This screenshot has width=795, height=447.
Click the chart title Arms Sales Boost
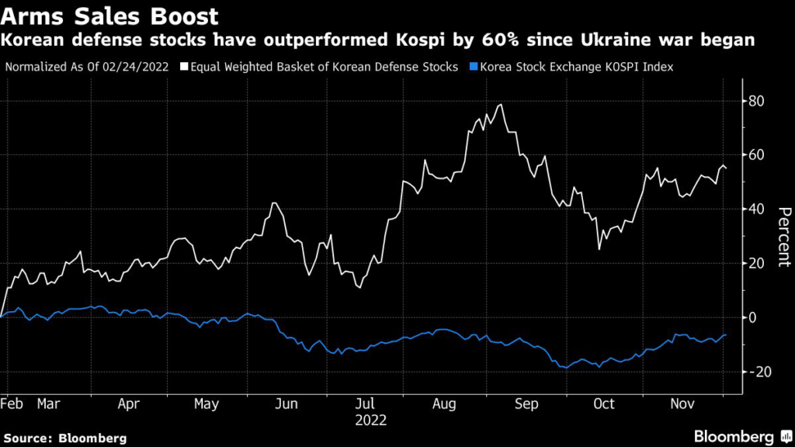click(109, 16)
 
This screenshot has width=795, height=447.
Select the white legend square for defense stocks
click(183, 67)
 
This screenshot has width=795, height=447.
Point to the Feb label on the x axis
click(12, 404)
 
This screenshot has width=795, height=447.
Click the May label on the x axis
click(206, 404)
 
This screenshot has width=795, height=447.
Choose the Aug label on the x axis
click(443, 404)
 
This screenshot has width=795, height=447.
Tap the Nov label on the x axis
click(682, 404)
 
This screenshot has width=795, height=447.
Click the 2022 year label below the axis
click(370, 421)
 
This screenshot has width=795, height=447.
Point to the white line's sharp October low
click(599, 249)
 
